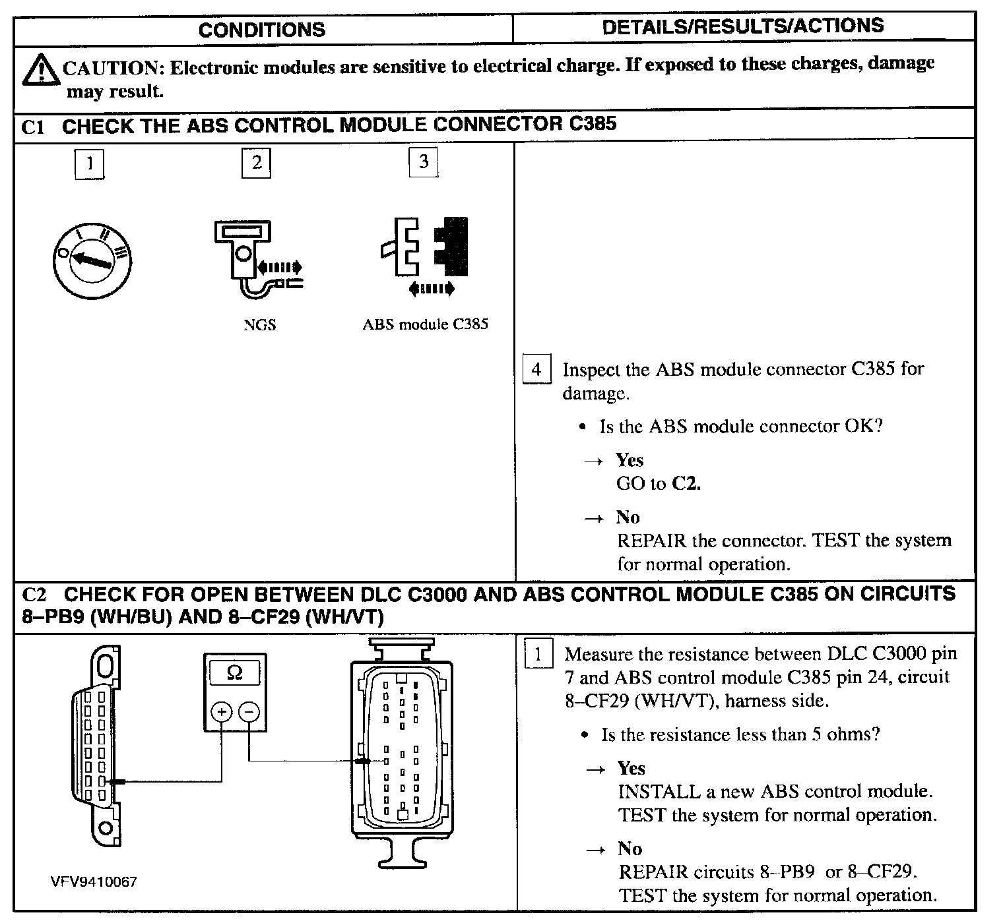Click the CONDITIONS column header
261,30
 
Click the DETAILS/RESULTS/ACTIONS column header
742,26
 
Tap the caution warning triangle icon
40,71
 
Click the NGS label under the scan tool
259,324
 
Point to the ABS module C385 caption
425,324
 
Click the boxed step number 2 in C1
257,162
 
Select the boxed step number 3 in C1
424,162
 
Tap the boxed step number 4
536,369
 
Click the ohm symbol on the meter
234,672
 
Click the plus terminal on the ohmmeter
221,712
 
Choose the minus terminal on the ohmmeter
249,712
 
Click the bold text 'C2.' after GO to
686,484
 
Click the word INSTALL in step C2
649,791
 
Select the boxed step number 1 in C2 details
538,655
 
